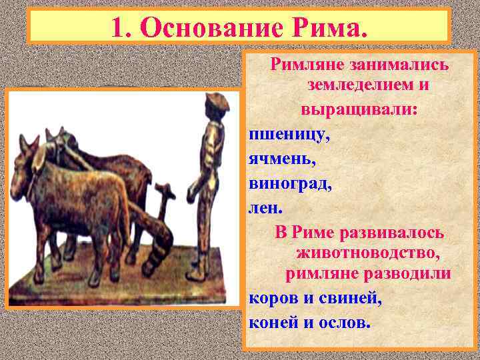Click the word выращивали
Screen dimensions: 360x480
click(359, 108)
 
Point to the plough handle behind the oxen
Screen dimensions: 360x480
click(161, 193)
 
